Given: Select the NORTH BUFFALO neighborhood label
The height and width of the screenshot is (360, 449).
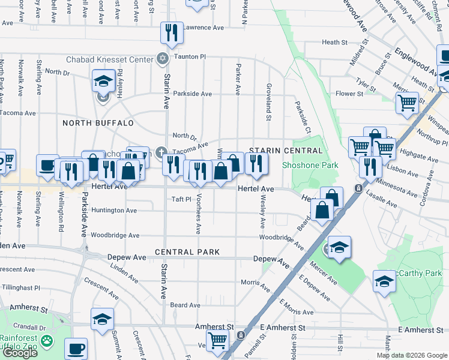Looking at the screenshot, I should click(x=98, y=123).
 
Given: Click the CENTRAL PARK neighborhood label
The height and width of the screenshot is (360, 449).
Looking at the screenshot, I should click(x=187, y=252).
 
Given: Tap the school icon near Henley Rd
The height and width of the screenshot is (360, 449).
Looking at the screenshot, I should click(x=103, y=80).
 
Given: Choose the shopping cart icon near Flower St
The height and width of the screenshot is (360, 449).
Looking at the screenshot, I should click(x=407, y=103).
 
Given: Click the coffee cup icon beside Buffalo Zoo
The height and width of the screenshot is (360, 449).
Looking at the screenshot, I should click(x=76, y=347).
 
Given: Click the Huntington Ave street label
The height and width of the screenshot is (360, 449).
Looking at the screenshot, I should click(x=113, y=211).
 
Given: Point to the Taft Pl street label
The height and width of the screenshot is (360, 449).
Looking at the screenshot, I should click(x=181, y=199).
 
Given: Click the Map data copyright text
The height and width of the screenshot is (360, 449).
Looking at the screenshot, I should click(x=411, y=355).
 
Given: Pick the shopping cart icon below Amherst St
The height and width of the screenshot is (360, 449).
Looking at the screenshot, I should click(x=217, y=340).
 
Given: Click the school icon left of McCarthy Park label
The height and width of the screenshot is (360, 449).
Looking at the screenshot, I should click(x=384, y=281).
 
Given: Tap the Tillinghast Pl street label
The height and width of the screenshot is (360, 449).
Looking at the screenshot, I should click(x=20, y=287).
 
